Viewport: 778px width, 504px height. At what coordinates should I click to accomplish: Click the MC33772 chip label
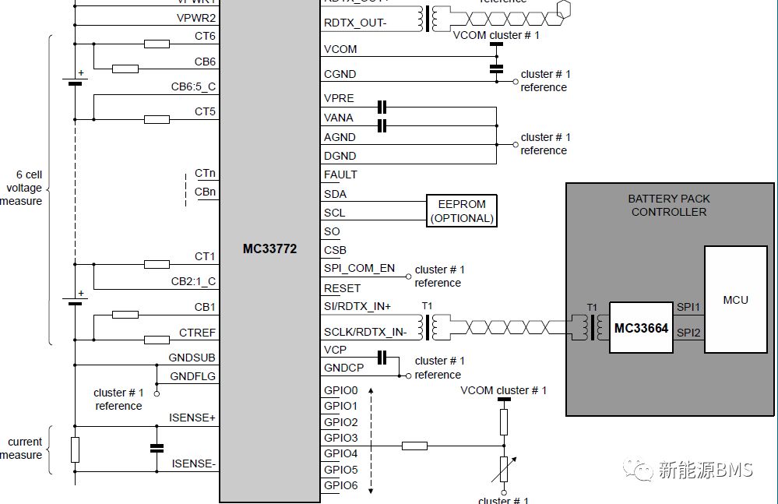pos(269,250)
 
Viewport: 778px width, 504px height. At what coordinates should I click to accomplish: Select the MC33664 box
pos(641,328)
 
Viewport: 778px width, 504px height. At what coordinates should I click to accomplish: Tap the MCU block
pos(735,299)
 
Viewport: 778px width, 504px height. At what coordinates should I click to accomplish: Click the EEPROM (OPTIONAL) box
pos(462,211)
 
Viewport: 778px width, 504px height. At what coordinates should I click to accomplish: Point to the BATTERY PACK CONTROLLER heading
pos(669,205)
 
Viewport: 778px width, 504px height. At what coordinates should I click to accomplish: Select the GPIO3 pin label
pos(340,438)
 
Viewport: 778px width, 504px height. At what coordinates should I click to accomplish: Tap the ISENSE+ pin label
pos(192,418)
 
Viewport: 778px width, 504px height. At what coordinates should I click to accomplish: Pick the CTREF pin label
pos(197,333)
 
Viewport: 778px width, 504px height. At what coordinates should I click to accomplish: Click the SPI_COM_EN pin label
pos(359,269)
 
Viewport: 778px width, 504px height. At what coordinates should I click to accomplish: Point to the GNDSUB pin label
pos(192,358)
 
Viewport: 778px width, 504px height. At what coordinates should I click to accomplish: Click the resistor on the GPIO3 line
pos(415,446)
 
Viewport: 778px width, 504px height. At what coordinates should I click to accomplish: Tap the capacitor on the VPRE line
pos(382,107)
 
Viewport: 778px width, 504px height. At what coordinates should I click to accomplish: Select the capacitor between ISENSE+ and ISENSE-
pos(157,448)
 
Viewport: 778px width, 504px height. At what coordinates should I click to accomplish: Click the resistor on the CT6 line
pos(157,44)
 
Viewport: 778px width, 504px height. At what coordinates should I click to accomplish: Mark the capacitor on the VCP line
pos(382,358)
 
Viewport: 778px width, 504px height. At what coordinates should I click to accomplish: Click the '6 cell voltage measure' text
pos(23,188)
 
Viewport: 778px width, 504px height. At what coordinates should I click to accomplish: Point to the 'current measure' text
pos(23,448)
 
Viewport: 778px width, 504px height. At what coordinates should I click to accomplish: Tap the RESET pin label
pos(342,288)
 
